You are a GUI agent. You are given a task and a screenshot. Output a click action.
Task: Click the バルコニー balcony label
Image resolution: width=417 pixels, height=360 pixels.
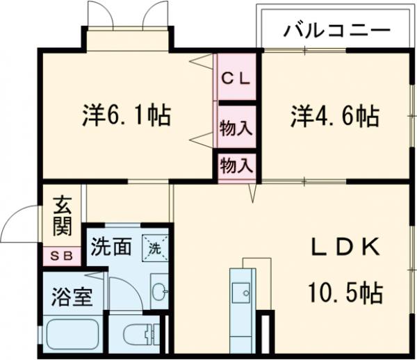[x=337, y=31]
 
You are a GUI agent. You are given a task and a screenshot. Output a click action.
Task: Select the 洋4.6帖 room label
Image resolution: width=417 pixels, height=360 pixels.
[x=334, y=115]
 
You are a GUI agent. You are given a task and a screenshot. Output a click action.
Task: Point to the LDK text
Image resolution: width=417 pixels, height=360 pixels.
[x=345, y=247]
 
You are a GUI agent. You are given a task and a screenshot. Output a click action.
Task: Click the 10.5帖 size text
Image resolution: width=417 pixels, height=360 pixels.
[x=345, y=293]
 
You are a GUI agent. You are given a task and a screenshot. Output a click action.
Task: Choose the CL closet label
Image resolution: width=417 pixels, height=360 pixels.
[x=235, y=76]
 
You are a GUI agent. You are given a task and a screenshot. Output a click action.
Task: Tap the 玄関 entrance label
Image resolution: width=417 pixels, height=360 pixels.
[x=60, y=216]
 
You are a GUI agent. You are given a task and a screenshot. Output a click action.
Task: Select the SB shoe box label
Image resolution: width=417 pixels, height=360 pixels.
[x=61, y=256]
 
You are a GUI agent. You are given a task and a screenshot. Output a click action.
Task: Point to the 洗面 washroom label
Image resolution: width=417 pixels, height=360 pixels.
[x=111, y=247]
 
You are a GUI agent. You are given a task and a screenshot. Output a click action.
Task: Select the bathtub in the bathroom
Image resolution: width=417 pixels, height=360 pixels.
[x=73, y=334]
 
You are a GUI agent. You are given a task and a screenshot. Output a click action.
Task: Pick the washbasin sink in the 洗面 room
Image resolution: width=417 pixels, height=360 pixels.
[x=159, y=290]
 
